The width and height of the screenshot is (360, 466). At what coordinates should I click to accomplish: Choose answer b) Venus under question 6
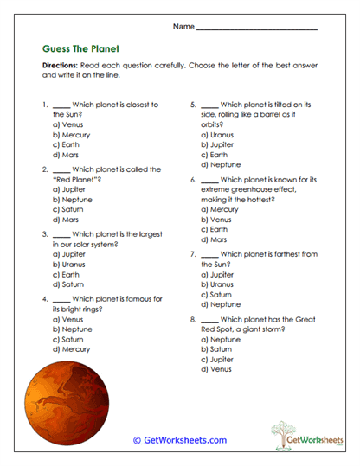216,219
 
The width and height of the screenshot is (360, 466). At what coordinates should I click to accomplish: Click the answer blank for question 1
61,104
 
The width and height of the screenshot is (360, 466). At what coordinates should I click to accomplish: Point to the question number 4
44,298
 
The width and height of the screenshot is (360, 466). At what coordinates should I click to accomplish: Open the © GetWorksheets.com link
179,439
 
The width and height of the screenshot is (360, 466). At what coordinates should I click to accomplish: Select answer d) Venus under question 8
216,369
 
